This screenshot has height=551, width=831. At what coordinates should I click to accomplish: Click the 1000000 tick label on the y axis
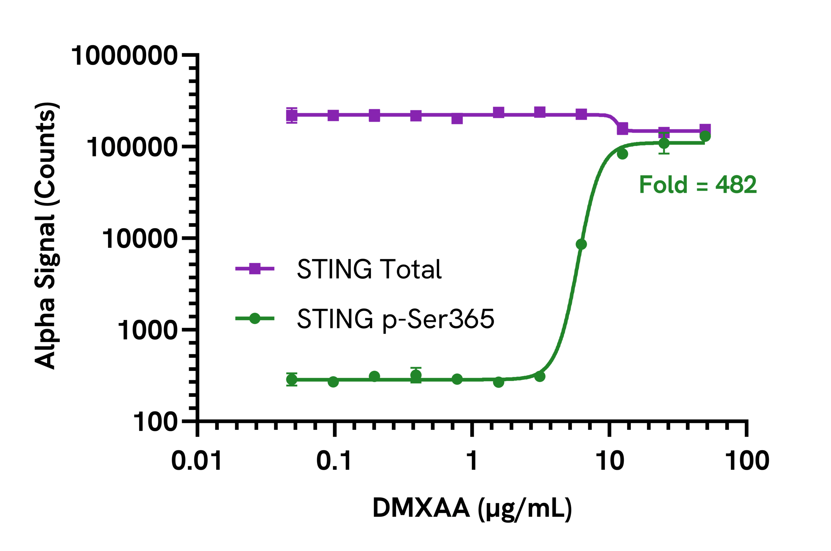tap(124, 56)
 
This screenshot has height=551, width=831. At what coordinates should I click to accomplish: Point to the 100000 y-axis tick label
tap(132, 147)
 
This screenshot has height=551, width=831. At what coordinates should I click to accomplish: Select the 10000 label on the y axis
tap(140, 239)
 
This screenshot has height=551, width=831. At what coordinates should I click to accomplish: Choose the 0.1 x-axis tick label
tap(334, 461)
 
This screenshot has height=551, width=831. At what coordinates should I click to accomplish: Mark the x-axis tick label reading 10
tap(610, 461)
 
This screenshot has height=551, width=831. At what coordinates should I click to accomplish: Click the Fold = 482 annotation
tap(698, 184)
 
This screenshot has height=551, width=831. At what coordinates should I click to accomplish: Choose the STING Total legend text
tap(369, 269)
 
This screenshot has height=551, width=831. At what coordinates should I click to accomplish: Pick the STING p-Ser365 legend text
tap(395, 319)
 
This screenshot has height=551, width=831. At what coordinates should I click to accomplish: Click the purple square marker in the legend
tap(254, 269)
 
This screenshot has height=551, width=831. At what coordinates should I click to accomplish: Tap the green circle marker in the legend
tap(254, 319)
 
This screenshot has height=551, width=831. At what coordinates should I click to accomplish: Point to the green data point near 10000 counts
tap(581, 244)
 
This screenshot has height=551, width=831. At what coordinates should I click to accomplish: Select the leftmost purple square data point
tap(292, 115)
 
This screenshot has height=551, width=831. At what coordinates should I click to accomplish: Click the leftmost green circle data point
tap(292, 380)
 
